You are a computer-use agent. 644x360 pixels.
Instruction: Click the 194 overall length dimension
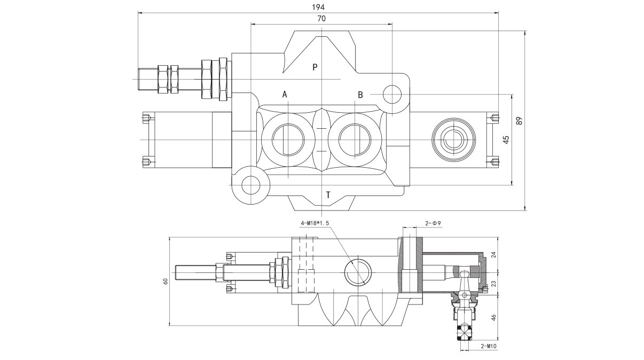pos(318,7)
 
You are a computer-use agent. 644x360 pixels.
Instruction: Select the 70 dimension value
pos(321,18)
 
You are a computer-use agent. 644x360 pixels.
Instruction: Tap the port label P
pos(315,67)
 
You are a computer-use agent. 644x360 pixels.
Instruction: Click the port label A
pos(285,95)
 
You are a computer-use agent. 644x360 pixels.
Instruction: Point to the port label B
pos(360,95)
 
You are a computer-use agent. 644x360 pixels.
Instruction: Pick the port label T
pos(328,195)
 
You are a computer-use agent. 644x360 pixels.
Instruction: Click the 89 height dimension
pos(519,121)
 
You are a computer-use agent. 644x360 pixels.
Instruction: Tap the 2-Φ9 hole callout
pos(432,223)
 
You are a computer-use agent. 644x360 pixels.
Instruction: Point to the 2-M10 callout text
pos(488,346)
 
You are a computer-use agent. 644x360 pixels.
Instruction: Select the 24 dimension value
pos(493,255)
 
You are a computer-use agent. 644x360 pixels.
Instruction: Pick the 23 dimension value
pos(493,284)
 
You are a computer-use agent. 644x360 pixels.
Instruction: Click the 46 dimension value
pos(493,317)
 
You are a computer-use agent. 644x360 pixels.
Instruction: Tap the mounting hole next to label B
pos(392,95)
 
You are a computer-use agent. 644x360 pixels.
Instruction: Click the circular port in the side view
pos(357,272)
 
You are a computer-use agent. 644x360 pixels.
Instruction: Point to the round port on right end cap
pos(453,140)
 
